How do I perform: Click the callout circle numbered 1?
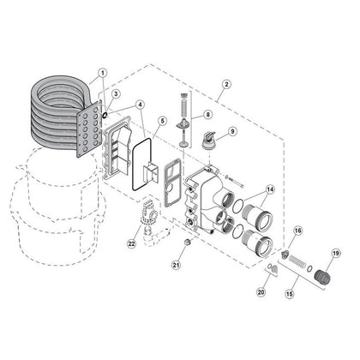coord(102,73)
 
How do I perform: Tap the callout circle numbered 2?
coord(226,84)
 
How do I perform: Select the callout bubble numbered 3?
coord(115,93)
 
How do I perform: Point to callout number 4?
coord(140,105)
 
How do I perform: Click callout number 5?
coord(162,121)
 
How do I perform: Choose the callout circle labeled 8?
coord(207,114)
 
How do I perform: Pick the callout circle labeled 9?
coord(232,131)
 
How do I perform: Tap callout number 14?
coord(270,189)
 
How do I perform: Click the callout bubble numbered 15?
coord(290,294)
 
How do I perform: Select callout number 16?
coord(297,231)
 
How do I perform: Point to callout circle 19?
coord(335,253)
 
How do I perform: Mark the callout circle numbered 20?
coord(261,292)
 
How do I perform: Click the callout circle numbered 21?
coord(177,265)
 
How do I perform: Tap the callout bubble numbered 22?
coord(131,243)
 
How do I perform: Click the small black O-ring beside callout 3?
coord(105,115)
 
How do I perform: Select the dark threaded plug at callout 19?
coord(322,276)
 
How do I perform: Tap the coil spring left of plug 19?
coord(297,261)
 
